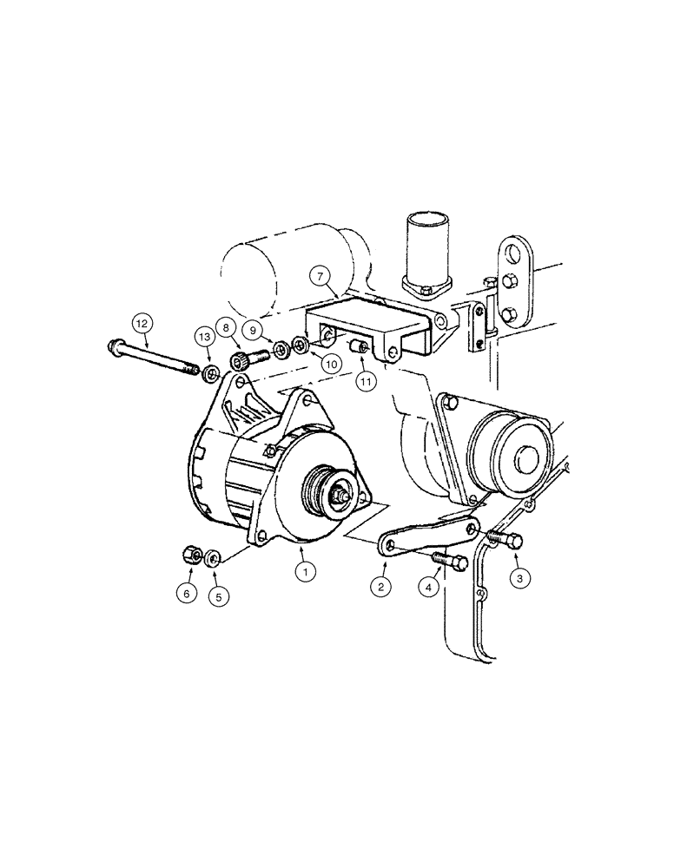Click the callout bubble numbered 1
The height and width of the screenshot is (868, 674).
305,571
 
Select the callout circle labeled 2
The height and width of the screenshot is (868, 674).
380,586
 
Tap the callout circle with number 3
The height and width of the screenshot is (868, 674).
519,575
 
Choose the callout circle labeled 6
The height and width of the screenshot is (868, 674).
185,594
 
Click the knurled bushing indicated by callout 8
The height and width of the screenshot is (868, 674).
239,360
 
